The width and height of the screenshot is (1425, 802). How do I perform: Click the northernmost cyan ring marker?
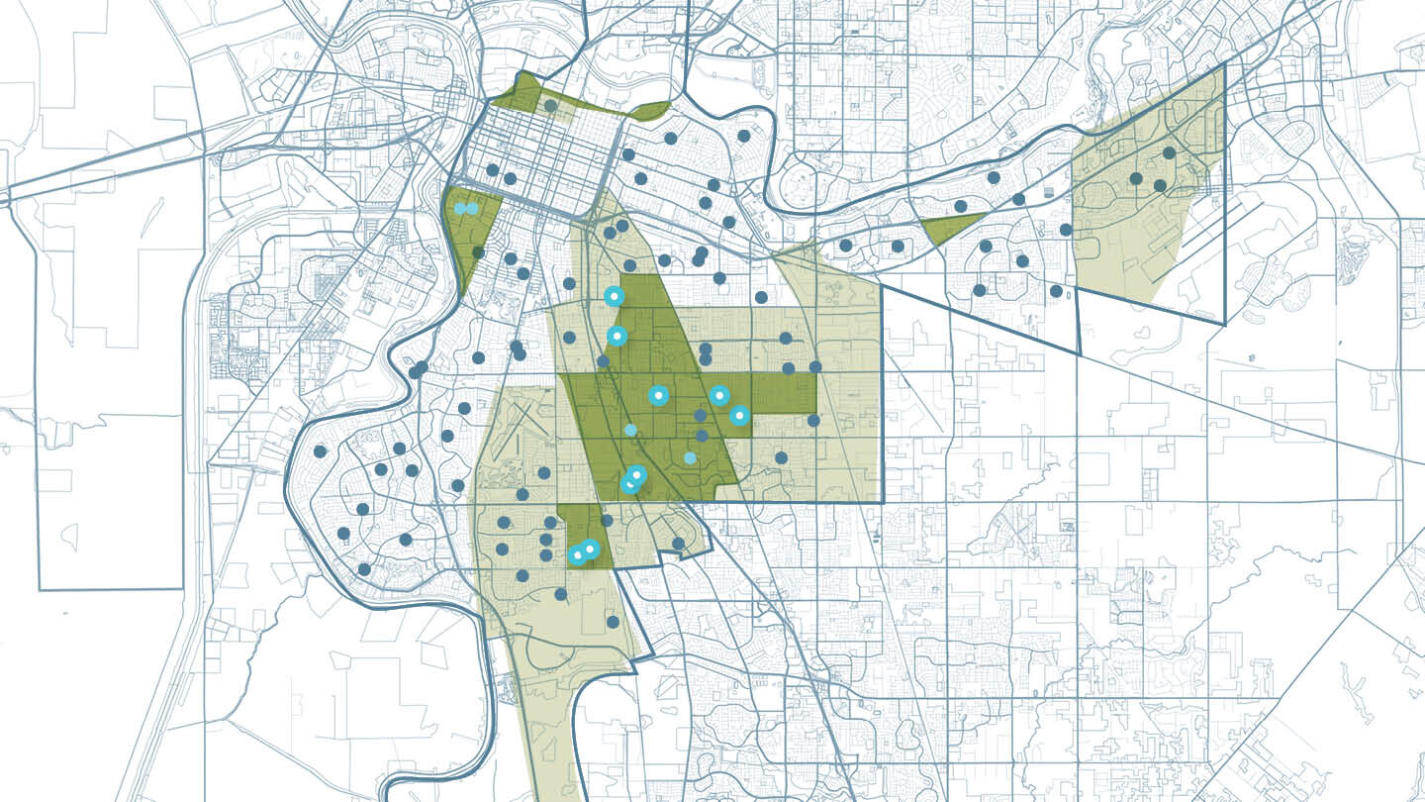click(614, 295)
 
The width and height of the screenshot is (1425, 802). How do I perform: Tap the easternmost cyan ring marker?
click(739, 416)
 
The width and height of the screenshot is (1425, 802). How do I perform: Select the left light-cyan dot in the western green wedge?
click(460, 208)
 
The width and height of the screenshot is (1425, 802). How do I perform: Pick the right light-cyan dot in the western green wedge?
click(472, 208)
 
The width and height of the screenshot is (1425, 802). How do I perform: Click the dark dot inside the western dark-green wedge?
click(478, 252)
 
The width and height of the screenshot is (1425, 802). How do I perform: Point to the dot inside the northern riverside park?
click(550, 105)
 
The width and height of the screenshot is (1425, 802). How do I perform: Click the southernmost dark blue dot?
click(613, 622)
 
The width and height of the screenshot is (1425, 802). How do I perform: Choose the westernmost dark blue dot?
click(320, 451)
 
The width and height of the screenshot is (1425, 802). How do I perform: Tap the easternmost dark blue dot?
click(1169, 152)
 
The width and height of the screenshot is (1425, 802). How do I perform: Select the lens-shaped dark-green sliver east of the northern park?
click(650, 110)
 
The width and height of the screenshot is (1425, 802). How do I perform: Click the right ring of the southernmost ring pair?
click(591, 549)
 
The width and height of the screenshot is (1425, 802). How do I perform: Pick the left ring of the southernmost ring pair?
click(577, 554)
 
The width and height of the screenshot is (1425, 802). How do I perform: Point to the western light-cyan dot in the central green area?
click(630, 430)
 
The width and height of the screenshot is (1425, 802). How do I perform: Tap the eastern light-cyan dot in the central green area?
click(690, 457)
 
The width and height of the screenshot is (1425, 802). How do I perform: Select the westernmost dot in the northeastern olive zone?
click(1136, 178)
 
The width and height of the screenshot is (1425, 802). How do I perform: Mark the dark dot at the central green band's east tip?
click(815, 366)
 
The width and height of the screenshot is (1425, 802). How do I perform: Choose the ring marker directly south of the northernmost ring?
click(617, 336)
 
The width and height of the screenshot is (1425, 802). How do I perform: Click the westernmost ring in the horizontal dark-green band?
click(658, 395)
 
